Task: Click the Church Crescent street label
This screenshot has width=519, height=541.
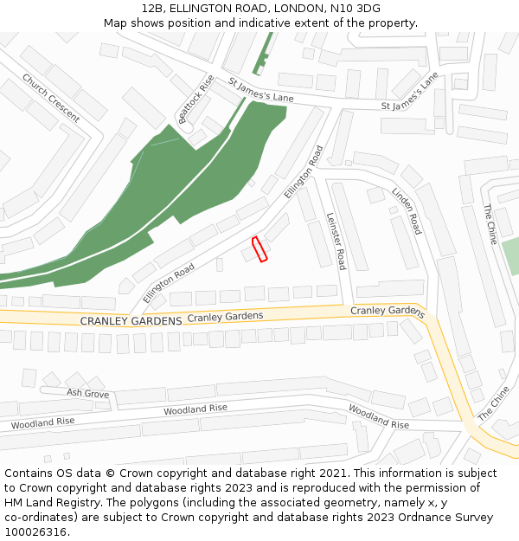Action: (x=50, y=98)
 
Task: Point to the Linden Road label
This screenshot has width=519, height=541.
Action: (x=406, y=210)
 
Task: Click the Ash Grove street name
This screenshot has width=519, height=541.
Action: (x=87, y=393)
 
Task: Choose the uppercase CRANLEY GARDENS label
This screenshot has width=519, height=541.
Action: (x=131, y=320)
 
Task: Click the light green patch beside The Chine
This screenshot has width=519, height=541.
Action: (x=510, y=256)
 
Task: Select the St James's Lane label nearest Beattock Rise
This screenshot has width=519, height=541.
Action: (x=261, y=90)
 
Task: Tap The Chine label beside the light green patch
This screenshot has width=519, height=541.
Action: (x=490, y=223)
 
